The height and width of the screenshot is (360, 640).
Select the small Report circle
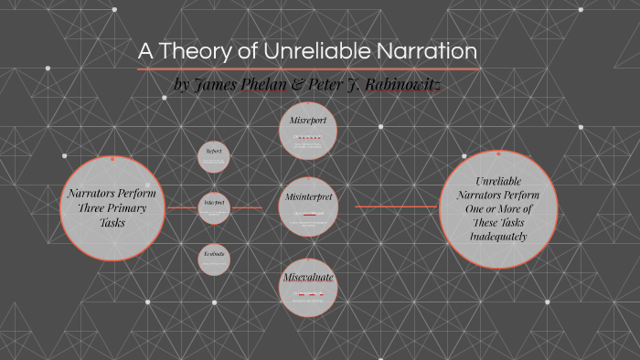pos(213,155)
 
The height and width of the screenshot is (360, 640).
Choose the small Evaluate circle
pos(213,259)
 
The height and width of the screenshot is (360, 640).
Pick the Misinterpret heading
pos(307,197)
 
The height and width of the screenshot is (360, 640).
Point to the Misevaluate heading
pos(307,276)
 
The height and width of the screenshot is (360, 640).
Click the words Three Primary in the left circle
pos(111,208)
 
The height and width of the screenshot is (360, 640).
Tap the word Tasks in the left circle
pos(111,223)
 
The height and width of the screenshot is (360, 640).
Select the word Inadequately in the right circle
pos(498,236)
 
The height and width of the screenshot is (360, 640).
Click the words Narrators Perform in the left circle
pos(111,194)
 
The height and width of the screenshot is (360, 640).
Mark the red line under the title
pos(308,69)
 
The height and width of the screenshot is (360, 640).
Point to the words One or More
pos(498,208)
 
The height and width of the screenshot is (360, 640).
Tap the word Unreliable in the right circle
pos(498,180)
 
